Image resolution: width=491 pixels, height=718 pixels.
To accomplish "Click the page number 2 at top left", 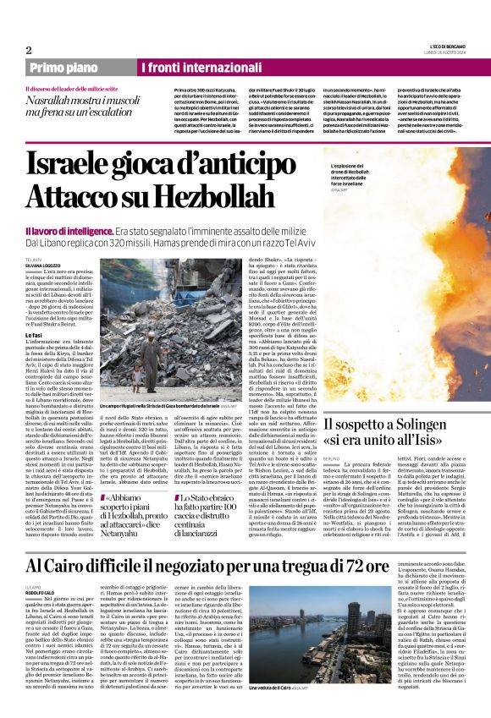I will tap(29, 50).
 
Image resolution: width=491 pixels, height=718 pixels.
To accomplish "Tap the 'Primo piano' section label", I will tap(64, 67).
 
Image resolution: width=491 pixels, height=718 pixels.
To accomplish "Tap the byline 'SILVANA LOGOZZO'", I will tap(43, 263).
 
